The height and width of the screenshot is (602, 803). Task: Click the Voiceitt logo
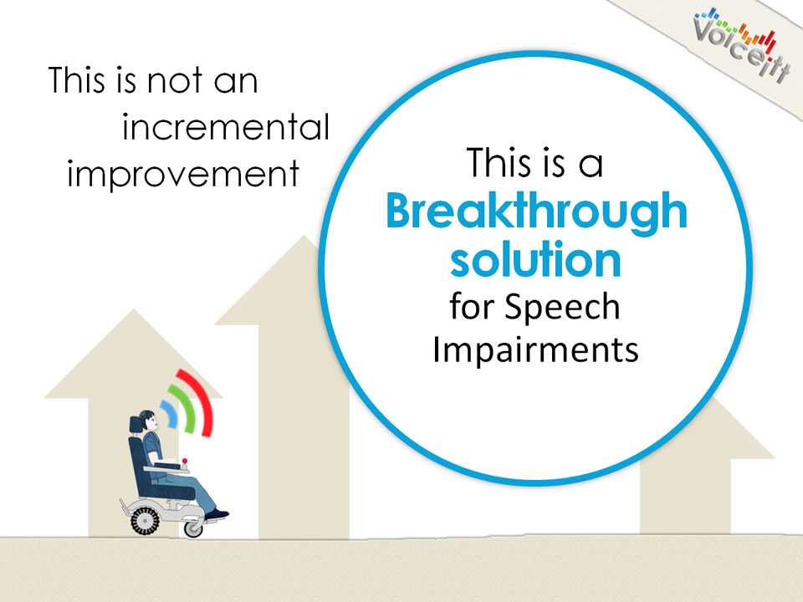(x=742, y=45)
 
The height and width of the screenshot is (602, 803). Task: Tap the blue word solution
(x=535, y=259)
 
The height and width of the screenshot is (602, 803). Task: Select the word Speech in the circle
(x=562, y=309)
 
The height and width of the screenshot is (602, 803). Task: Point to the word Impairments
(x=535, y=349)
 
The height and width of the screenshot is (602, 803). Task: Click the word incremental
(x=225, y=127)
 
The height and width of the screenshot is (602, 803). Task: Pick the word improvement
(x=183, y=175)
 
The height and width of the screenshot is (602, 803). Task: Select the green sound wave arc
(x=187, y=408)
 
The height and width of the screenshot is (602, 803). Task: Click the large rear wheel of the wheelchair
(x=145, y=521)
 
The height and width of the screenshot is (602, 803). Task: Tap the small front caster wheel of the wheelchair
(x=193, y=528)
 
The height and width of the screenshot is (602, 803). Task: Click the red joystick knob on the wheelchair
(x=184, y=461)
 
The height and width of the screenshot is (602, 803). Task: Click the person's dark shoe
(x=217, y=514)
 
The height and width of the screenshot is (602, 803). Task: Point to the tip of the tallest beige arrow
(x=304, y=236)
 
